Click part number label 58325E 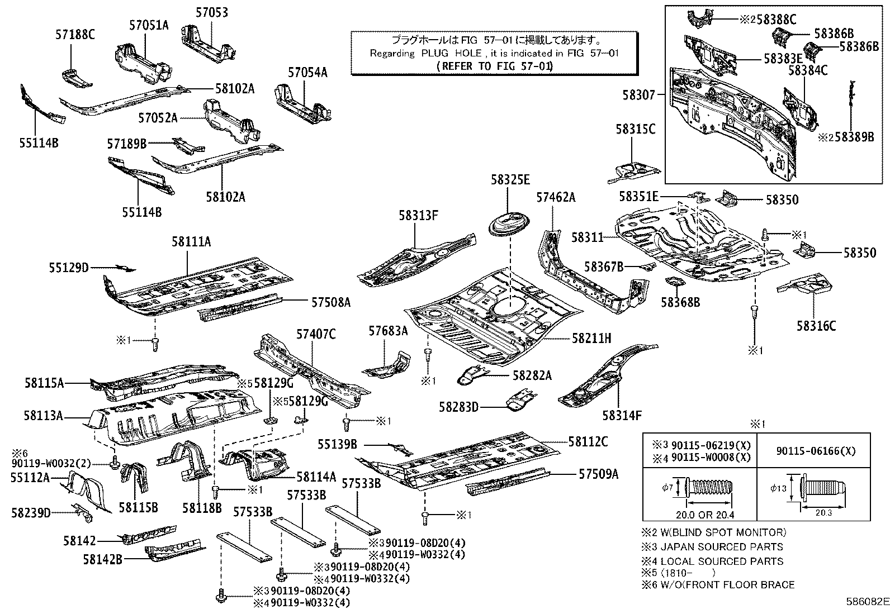[x=510, y=180]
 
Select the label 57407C [x=316, y=334]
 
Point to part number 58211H [x=592, y=339]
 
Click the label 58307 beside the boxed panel [x=638, y=96]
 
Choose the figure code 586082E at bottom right [x=867, y=602]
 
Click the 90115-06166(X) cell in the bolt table [x=813, y=451]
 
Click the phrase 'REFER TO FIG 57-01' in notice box [x=494, y=66]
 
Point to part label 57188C [x=75, y=35]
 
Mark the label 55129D [x=69, y=268]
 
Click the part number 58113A [x=43, y=415]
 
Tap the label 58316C [x=816, y=326]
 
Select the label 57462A [x=556, y=197]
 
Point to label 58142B [x=102, y=558]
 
